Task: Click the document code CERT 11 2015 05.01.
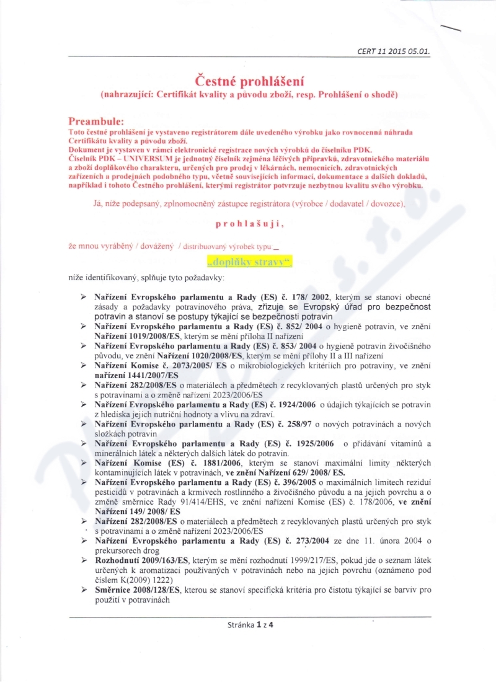tap(394, 51)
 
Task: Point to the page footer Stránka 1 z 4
tap(250, 624)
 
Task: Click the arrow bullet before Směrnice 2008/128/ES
tap(83, 590)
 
